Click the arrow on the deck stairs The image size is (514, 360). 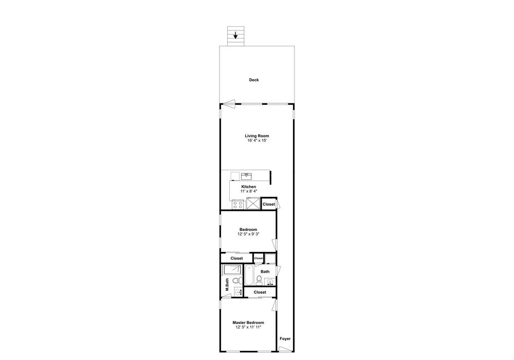[x=235, y=35]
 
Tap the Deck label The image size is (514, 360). [x=254, y=80]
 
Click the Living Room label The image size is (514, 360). [x=257, y=136]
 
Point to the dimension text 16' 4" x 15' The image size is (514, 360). [x=258, y=140]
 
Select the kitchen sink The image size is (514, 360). [x=247, y=176]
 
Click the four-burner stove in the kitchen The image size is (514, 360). [x=237, y=205]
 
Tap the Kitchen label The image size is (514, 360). [x=249, y=187]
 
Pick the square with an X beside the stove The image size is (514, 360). [x=253, y=203]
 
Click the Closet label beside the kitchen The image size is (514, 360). [x=269, y=204]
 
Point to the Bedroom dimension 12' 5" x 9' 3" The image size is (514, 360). [x=248, y=234]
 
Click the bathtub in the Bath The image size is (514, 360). [x=249, y=275]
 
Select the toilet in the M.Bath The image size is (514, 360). [x=236, y=281]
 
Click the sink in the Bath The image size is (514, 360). [x=270, y=282]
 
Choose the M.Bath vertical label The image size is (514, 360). [x=227, y=284]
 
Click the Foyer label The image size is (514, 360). [x=285, y=339]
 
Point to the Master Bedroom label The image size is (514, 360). [x=248, y=322]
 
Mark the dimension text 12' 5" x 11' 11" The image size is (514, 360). [x=248, y=327]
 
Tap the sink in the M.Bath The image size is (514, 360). [x=238, y=292]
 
